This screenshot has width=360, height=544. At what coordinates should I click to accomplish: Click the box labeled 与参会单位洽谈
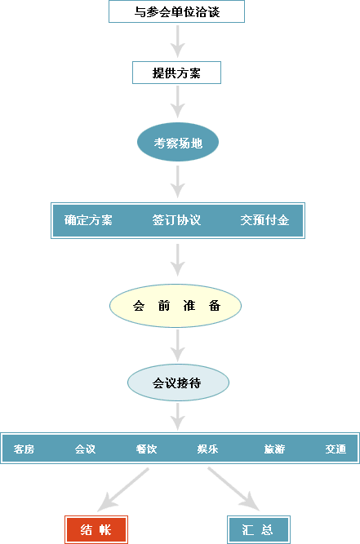[176, 11]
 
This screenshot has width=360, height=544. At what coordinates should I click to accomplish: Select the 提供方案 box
[176, 73]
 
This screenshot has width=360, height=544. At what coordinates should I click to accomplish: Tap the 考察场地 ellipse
[178, 142]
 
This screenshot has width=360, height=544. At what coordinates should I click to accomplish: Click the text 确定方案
[88, 220]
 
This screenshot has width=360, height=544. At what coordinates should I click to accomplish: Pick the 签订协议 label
[176, 220]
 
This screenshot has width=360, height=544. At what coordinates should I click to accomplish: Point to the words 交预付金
[264, 220]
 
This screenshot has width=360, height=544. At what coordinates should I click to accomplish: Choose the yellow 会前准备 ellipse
[176, 306]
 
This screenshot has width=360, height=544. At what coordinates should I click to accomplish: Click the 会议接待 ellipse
[178, 383]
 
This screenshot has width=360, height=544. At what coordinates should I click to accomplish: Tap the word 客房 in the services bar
[24, 449]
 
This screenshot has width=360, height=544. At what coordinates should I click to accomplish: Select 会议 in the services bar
[85, 449]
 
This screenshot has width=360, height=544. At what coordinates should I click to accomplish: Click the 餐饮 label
[146, 449]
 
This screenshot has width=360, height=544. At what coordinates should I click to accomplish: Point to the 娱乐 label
[207, 449]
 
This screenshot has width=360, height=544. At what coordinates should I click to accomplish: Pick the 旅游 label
[274, 449]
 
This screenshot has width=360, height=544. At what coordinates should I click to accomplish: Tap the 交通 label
[336, 449]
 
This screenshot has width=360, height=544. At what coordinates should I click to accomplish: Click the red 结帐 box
[96, 529]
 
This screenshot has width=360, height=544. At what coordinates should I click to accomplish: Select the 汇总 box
[259, 529]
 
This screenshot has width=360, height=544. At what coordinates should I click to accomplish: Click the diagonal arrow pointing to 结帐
[123, 489]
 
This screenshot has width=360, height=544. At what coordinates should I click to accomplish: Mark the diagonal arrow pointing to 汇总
[233, 489]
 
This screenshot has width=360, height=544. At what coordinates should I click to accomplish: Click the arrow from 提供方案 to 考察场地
[178, 102]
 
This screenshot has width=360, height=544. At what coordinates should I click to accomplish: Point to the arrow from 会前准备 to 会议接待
[178, 346]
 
